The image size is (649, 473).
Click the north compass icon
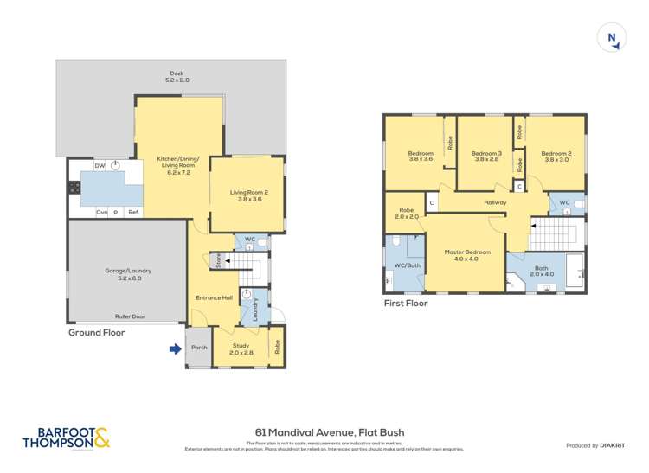click(612, 38)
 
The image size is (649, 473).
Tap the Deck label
click(177, 76)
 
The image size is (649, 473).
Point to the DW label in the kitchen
click(100, 165)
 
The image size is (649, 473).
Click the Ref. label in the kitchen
click(133, 211)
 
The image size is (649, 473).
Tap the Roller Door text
click(129, 316)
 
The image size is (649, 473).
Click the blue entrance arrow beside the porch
click(175, 349)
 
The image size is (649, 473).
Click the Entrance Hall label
click(215, 297)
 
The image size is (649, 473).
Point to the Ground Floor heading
click(97, 332)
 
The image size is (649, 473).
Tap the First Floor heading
click(405, 304)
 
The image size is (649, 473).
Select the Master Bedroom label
click(467, 255)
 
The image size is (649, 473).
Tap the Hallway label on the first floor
click(495, 202)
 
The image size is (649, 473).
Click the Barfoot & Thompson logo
click(67, 438)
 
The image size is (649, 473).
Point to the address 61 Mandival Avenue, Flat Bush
click(330, 431)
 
